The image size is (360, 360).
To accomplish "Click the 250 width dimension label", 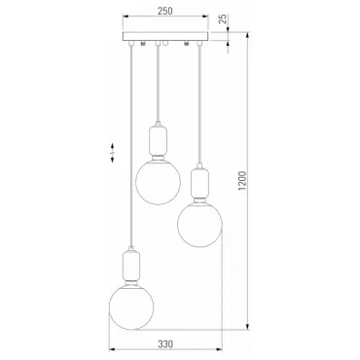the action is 165,11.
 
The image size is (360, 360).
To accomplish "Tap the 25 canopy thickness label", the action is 223,18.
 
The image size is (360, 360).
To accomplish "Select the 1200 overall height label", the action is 242,180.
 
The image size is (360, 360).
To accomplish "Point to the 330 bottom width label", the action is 165,343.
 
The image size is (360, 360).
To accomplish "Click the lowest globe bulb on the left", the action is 131,306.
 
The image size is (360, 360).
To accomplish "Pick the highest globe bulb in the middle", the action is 158,182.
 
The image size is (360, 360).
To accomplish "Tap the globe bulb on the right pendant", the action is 199,225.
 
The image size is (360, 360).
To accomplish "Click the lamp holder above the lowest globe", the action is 131,267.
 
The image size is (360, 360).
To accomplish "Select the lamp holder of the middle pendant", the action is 158,142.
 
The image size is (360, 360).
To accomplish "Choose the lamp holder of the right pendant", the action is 199,184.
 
